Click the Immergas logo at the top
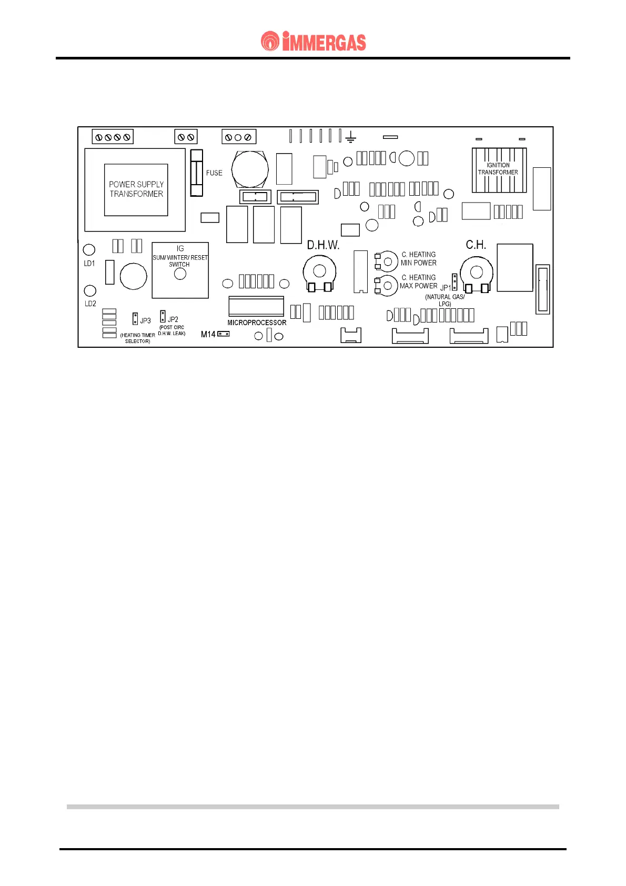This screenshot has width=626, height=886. (x=313, y=42)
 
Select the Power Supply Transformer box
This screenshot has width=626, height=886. (x=136, y=189)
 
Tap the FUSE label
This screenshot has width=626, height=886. (x=214, y=173)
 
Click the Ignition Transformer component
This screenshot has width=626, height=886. (x=499, y=170)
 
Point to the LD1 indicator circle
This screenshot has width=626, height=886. (x=89, y=249)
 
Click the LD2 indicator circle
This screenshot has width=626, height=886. (x=90, y=290)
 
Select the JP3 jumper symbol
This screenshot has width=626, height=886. (x=135, y=319)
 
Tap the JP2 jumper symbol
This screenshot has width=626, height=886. (x=163, y=316)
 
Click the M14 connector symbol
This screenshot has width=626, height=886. (x=224, y=334)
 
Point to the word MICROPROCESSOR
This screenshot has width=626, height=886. (x=257, y=323)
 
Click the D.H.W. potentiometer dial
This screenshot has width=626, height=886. (x=319, y=271)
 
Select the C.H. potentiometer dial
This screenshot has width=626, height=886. (x=476, y=272)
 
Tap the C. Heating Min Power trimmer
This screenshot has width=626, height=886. (x=387, y=261)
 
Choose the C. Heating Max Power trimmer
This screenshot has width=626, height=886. (x=387, y=285)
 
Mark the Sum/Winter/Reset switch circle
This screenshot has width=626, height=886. (x=180, y=274)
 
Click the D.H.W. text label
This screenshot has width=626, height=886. (x=323, y=245)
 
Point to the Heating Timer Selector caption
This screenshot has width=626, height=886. (x=137, y=338)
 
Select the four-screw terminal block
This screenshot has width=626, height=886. (x=113, y=137)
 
